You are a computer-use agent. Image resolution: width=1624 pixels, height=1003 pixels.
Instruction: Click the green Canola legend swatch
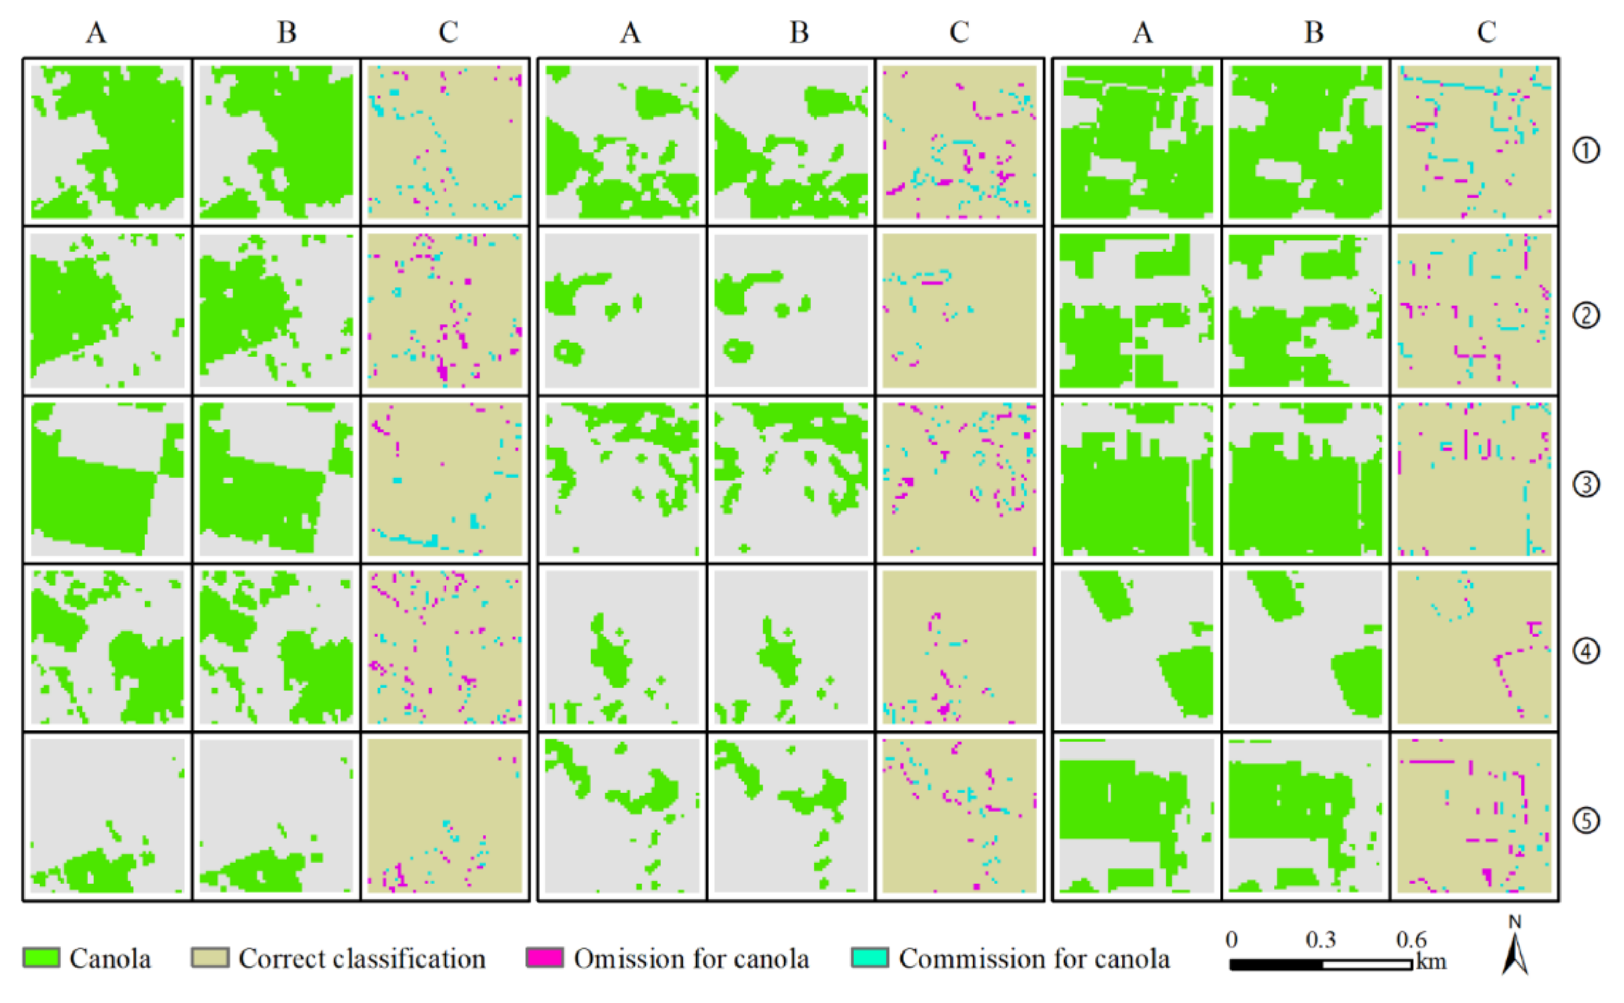pos(41,957)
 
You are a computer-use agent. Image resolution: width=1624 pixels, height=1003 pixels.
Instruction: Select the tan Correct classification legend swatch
pos(210,957)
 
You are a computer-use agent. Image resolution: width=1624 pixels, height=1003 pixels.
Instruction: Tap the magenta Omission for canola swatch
pos(544,957)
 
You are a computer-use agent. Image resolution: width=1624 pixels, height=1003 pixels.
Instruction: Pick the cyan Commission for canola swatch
pos(869,957)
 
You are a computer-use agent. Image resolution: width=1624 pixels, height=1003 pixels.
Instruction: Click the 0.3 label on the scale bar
pos(1320,940)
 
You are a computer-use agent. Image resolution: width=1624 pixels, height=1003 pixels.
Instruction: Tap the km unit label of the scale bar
pos(1431,961)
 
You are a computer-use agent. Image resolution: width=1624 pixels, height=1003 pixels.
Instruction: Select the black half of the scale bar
pos(1276,965)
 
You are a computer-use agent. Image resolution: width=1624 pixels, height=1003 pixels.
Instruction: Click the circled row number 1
pos(1586,150)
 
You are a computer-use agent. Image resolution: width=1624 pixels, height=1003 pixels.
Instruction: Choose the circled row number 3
pos(1586,484)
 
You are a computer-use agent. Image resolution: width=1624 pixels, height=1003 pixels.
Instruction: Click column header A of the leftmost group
pos(96,32)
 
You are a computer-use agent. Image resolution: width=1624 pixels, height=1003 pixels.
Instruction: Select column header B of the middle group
pos(799,32)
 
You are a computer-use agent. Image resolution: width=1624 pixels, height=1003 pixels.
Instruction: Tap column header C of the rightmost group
pos(1487,32)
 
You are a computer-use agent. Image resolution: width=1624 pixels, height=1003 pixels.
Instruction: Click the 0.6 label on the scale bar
pos(1411,940)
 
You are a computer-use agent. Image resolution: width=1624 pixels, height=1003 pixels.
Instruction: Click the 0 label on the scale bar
pos(1231,940)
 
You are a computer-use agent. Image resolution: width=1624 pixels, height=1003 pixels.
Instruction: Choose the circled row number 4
pos(1586,651)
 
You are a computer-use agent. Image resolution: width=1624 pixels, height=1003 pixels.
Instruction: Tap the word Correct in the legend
pos(282,959)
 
